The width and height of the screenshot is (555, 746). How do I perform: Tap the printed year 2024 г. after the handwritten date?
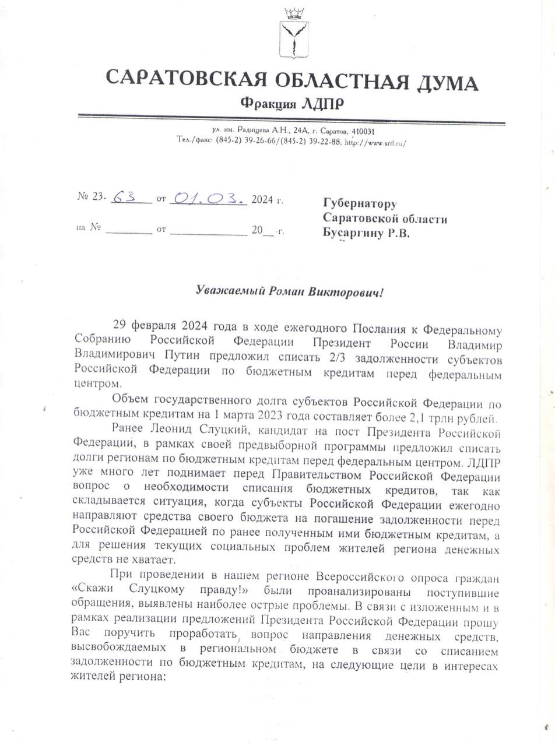(268, 200)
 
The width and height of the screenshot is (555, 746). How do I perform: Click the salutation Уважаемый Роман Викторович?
(290, 291)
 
